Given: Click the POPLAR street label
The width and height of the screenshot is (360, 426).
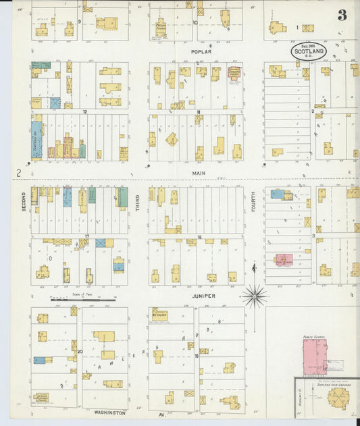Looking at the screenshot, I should [201, 51].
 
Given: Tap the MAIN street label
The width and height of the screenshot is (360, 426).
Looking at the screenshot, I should [198, 173].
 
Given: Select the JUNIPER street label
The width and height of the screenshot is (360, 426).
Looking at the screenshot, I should [203, 296].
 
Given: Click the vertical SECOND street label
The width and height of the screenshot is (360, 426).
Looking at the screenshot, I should [23, 201].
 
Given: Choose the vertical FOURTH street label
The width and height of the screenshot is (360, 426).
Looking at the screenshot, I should [254, 202].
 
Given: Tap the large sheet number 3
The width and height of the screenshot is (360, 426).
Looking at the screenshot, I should [342, 15].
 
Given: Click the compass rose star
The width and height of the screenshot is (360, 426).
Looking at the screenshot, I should [255, 295].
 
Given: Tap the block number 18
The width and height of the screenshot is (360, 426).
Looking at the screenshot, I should [200, 237].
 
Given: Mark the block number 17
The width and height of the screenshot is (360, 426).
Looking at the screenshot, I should [86, 236].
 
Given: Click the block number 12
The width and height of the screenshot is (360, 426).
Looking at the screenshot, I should [85, 111].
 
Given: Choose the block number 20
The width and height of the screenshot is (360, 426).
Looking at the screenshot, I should [80, 351].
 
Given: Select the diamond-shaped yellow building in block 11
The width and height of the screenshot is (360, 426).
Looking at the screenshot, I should [172, 139].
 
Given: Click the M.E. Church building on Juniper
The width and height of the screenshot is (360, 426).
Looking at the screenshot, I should [159, 315].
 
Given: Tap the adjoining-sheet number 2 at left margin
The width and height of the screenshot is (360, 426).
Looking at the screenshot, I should [20, 174].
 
